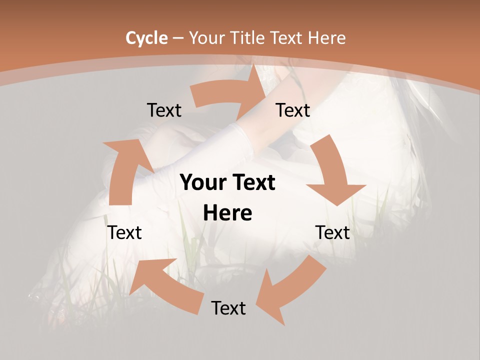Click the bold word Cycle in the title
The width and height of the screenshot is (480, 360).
[x=146, y=38]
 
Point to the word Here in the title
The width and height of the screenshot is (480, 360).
[x=326, y=38]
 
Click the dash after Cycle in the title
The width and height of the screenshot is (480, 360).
[x=177, y=38]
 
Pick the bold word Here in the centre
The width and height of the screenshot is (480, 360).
[x=227, y=213]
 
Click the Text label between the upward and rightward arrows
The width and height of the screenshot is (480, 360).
[x=164, y=110]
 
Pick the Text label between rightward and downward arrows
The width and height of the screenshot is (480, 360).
[x=293, y=110]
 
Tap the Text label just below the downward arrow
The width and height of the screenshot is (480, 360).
[x=332, y=232]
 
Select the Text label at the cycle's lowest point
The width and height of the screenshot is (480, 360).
[x=228, y=308]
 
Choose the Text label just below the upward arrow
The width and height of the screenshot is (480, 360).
[x=125, y=232]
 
